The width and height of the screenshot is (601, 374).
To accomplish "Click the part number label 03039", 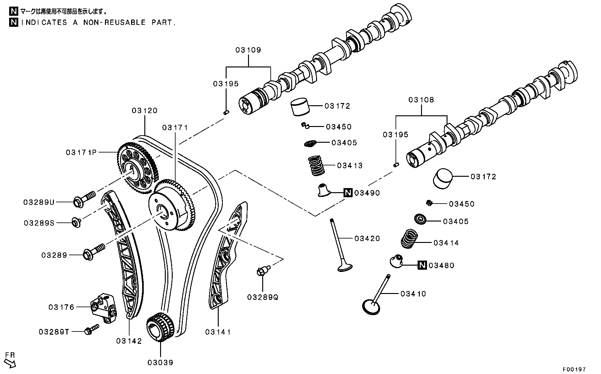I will [x=160, y=363].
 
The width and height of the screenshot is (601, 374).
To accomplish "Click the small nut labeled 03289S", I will [x=76, y=222].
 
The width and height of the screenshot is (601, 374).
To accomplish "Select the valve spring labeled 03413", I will [x=316, y=166].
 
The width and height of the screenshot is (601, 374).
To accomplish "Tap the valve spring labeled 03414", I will [x=409, y=239].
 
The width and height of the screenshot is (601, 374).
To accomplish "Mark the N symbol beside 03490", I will [x=348, y=193].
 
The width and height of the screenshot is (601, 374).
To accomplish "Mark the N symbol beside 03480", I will [x=422, y=265].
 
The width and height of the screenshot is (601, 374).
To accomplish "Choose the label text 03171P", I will [x=81, y=152].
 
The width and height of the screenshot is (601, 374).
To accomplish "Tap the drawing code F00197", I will [x=574, y=369].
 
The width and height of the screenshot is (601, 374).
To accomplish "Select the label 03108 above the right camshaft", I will [x=421, y=100].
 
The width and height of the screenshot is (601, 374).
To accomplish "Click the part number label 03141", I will [x=218, y=332].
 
